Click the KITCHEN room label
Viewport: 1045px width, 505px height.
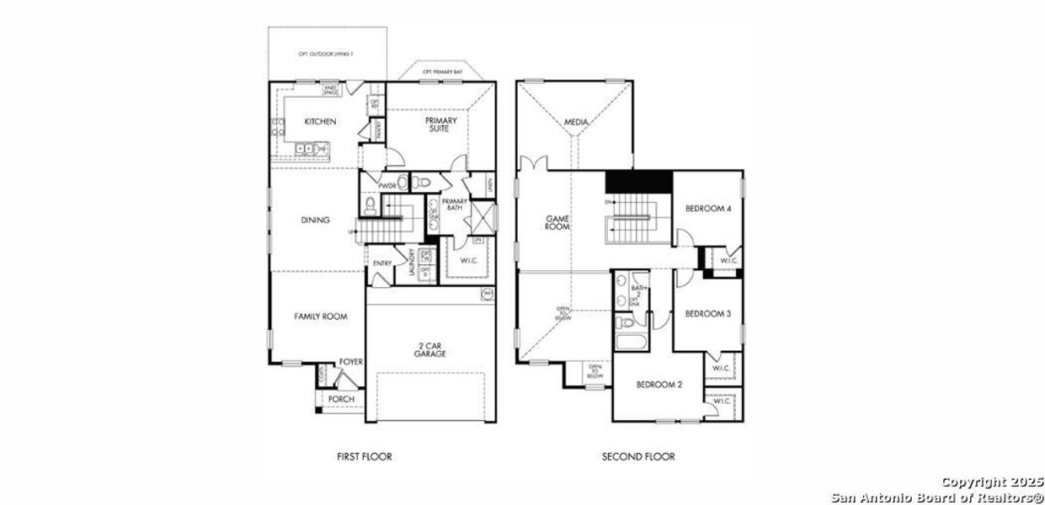click(x=320, y=122)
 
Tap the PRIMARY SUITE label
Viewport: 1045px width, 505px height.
click(x=440, y=125)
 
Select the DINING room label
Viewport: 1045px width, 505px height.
click(x=315, y=221)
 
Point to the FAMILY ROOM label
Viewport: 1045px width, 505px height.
click(x=321, y=316)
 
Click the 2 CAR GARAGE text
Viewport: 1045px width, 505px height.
click(x=429, y=349)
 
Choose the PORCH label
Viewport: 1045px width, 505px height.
click(x=340, y=399)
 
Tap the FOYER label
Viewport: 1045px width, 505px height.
click(x=351, y=362)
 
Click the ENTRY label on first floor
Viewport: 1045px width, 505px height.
click(x=381, y=263)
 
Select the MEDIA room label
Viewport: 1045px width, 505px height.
click(x=576, y=122)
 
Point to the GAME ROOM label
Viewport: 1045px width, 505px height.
click(x=557, y=222)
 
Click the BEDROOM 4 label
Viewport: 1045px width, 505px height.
click(x=706, y=209)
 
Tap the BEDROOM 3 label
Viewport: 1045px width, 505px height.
click(x=706, y=314)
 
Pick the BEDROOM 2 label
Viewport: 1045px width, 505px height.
click(x=658, y=385)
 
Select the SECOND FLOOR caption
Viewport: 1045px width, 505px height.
click(x=637, y=457)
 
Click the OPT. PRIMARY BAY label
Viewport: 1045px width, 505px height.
click(x=443, y=73)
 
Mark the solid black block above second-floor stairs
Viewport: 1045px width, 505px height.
click(x=638, y=181)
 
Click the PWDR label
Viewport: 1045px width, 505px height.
click(x=387, y=186)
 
